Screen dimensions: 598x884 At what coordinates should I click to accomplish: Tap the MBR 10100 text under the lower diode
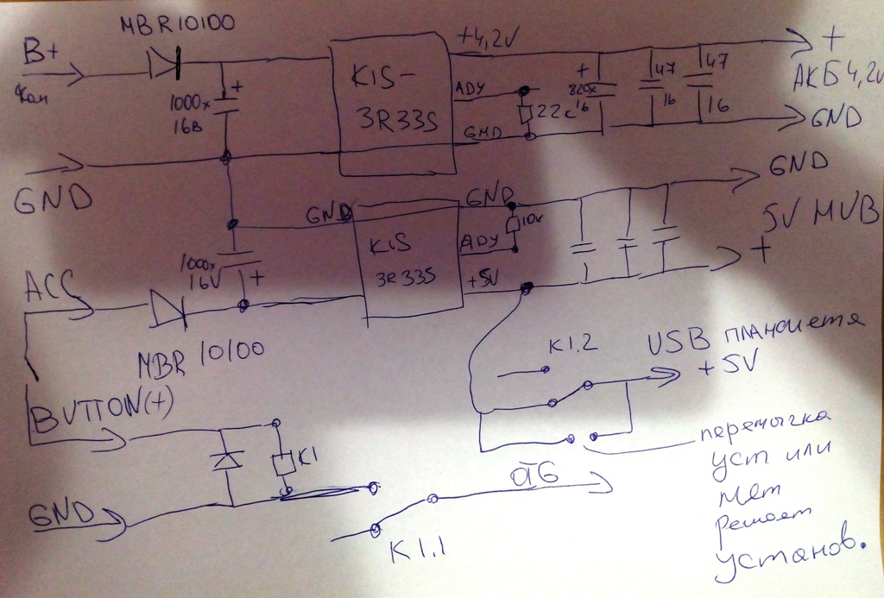click(x=194, y=355)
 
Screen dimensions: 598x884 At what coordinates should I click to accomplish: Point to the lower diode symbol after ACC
click(x=165, y=307)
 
